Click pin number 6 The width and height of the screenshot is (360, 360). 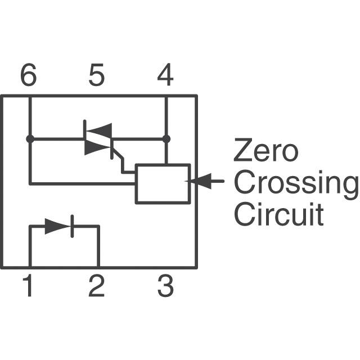point(29,76)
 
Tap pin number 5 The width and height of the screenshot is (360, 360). point(97,76)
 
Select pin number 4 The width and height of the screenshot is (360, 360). point(165,76)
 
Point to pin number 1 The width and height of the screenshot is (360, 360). point(28,287)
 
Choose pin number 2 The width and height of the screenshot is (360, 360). point(97,287)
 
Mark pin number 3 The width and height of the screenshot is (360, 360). point(165,287)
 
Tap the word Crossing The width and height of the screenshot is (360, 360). point(295,183)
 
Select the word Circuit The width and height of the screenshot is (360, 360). point(278,215)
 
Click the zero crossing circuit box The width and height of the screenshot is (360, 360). point(163,183)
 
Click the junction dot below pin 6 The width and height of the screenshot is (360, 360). point(29,138)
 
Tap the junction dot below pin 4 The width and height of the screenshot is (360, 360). point(166,138)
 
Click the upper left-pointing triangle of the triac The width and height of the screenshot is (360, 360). point(102,130)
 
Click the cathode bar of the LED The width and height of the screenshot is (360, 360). point(71,226)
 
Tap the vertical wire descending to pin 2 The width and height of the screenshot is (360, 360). point(98,247)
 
